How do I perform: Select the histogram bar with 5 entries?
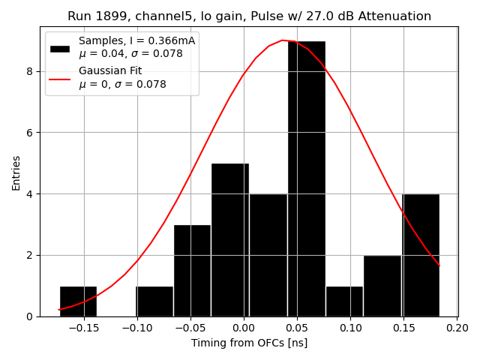point(229,240)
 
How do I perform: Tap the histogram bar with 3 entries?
point(192,270)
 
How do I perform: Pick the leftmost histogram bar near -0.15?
point(78,301)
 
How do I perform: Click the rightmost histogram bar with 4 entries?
point(421,255)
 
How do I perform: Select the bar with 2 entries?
point(382,286)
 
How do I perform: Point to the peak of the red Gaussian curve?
point(283,40)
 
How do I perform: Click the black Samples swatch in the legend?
point(59,48)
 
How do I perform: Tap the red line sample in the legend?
point(59,78)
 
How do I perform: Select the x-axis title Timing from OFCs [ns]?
point(249,343)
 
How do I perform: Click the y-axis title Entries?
point(16,172)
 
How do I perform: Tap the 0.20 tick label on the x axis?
point(457,328)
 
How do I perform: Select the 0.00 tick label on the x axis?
point(243,328)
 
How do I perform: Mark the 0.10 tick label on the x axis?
point(350,328)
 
